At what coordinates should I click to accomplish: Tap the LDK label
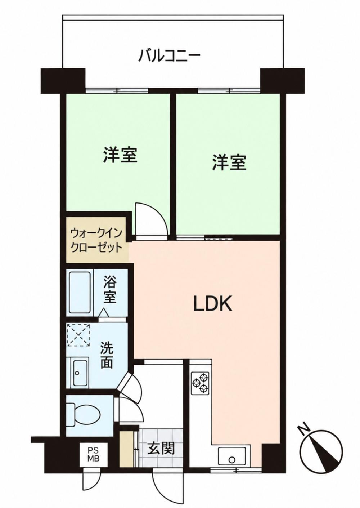pos(212,303)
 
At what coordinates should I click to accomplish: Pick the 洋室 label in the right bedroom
pos(229,162)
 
